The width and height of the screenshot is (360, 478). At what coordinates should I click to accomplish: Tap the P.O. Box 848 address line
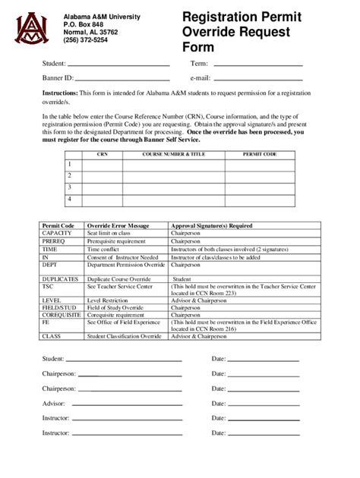(x=83, y=24)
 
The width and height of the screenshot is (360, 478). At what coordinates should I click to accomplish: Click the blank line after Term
(x=258, y=65)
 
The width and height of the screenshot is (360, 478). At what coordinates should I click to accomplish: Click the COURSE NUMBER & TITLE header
(x=175, y=153)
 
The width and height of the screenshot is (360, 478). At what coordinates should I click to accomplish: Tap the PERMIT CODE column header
(x=259, y=153)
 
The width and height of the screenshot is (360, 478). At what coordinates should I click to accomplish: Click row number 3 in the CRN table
(x=69, y=187)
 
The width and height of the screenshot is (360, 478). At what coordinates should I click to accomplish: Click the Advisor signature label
(x=53, y=403)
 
